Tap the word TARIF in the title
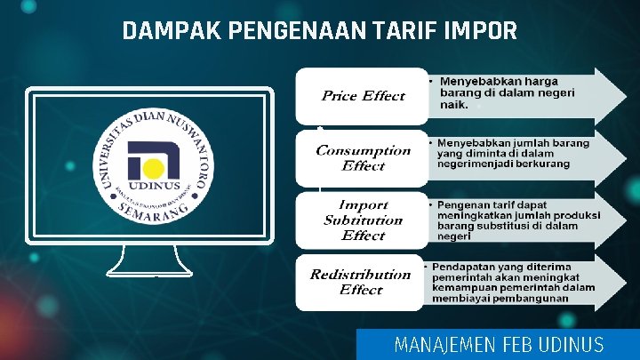tap(404, 32)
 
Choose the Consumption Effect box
tap(363, 158)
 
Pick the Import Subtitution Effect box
tap(363, 220)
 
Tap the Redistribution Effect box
tap(360, 282)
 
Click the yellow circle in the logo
tap(154, 169)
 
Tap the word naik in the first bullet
tap(454, 104)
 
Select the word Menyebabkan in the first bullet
tap(478, 81)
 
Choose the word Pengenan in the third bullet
tap(467, 204)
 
